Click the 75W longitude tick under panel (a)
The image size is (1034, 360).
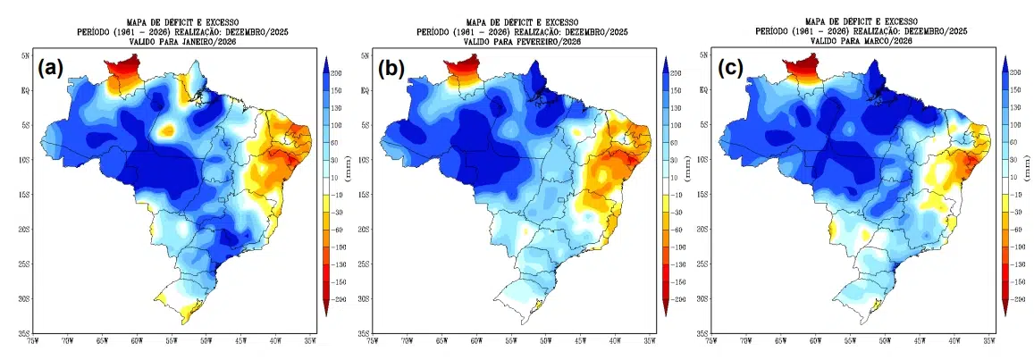[x=33, y=340]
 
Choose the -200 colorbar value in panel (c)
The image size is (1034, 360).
[x=1015, y=299]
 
